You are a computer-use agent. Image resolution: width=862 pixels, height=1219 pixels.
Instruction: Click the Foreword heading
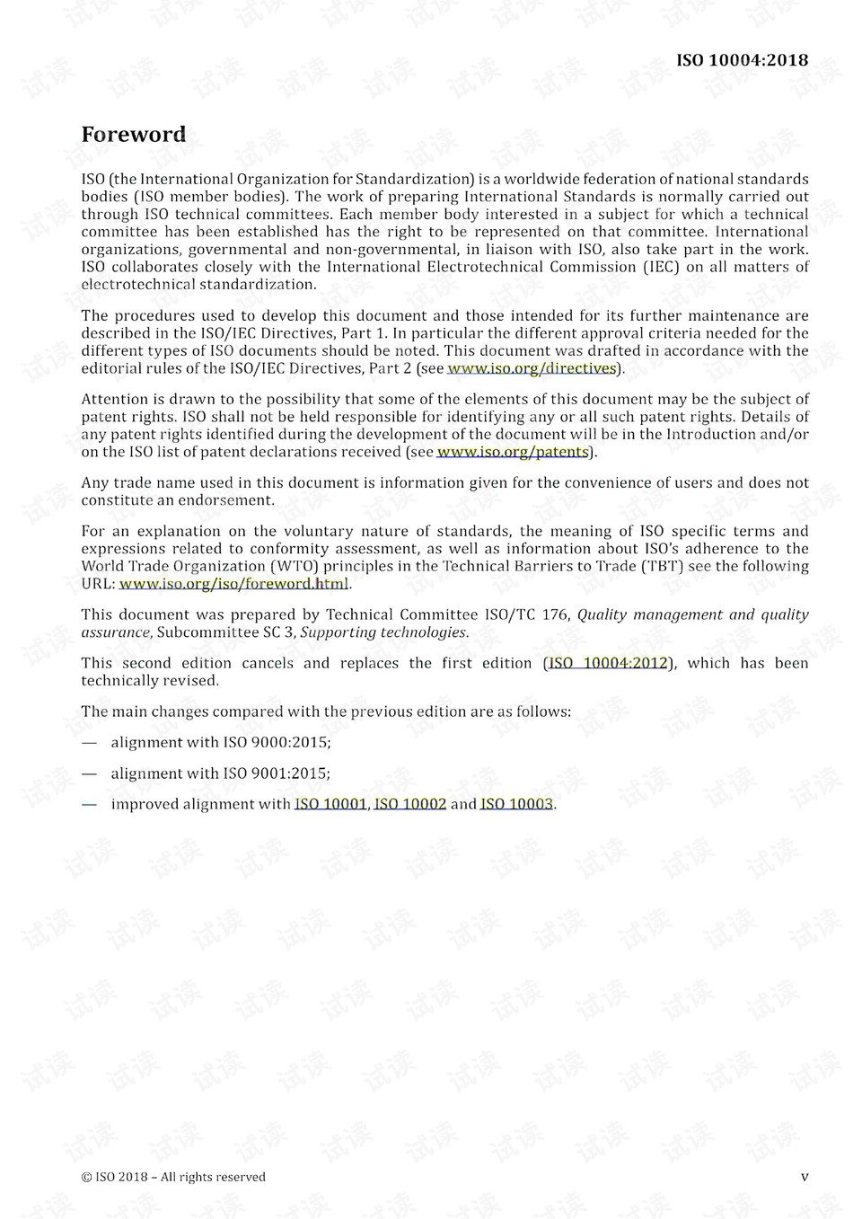pyautogui.click(x=134, y=135)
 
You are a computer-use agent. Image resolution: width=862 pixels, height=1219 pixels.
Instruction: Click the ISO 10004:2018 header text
pyautogui.click(x=742, y=60)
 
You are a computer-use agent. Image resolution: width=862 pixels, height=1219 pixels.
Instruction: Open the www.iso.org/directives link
pyautogui.click(x=532, y=368)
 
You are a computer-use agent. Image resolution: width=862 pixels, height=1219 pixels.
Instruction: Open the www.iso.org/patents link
pyautogui.click(x=513, y=452)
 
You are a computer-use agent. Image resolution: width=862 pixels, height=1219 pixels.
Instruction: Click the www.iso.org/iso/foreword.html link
pyautogui.click(x=233, y=584)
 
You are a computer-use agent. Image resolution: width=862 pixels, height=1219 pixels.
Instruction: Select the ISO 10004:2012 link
pyautogui.click(x=608, y=663)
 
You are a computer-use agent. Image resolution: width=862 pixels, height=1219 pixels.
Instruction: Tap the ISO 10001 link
pyautogui.click(x=330, y=804)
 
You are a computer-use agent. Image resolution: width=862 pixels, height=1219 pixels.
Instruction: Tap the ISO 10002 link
pyautogui.click(x=410, y=804)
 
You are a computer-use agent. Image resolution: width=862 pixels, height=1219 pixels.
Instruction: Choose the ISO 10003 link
pyautogui.click(x=516, y=804)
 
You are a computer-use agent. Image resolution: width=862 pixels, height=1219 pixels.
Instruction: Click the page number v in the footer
pyautogui.click(x=805, y=1177)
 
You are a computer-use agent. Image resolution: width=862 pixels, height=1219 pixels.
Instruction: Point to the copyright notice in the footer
pyautogui.click(x=173, y=1177)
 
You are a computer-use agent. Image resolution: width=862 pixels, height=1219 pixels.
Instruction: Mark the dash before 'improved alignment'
pyautogui.click(x=89, y=804)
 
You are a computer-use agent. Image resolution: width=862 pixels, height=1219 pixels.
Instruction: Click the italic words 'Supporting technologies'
pyautogui.click(x=383, y=632)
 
